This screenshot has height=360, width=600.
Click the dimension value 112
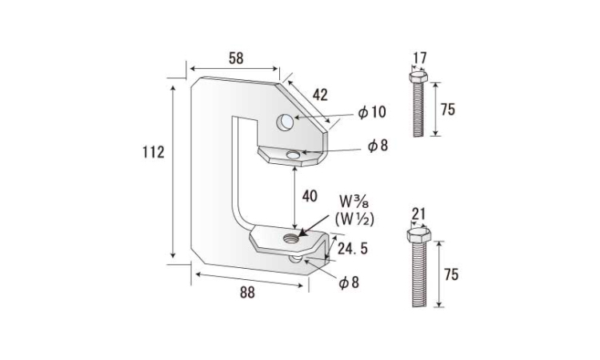pos(154,152)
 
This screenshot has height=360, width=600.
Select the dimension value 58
pos(236,58)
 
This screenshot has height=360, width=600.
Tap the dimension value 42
pos(320,95)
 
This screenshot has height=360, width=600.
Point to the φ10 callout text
pos(372,113)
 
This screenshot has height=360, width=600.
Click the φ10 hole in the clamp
pos(285,122)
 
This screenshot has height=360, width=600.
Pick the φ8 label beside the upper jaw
pos(378,146)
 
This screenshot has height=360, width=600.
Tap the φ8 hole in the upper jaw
pos(293,155)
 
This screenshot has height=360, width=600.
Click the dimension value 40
pos(310,196)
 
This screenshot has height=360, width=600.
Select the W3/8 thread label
pos(354,200)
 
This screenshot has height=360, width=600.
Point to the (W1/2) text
pos(354,219)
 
